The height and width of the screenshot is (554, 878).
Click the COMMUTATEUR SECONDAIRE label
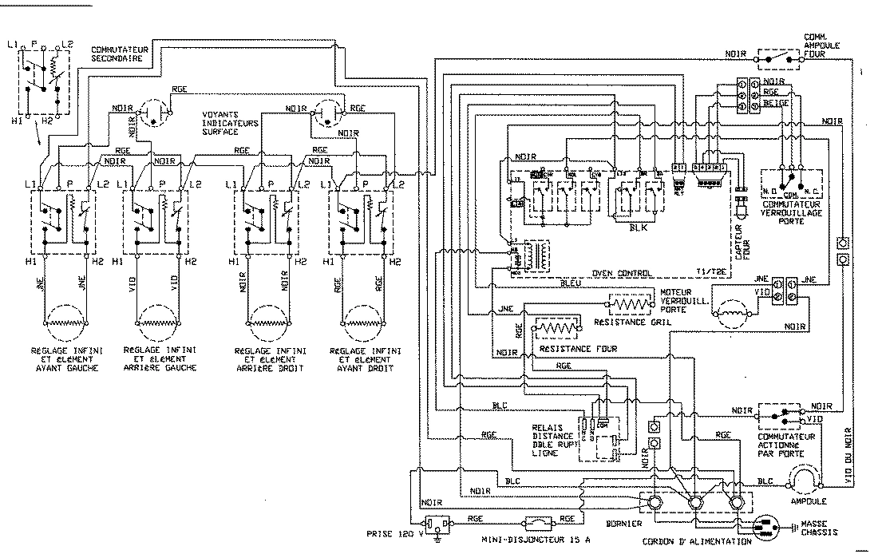[117, 53]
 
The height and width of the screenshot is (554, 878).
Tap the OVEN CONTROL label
[623, 272]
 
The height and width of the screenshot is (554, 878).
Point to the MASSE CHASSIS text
[811, 528]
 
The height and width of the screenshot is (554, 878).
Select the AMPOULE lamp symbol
[805, 480]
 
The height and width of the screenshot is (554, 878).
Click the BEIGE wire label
[775, 104]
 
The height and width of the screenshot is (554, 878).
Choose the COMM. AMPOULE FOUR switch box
[779, 57]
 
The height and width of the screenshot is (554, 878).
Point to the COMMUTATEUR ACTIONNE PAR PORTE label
[789, 442]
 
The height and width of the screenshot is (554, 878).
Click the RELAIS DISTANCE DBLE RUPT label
[552, 441]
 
